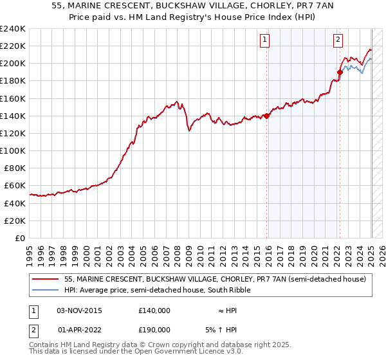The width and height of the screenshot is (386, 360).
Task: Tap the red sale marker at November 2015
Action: tap(266, 116)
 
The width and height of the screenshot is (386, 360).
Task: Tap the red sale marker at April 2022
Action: tap(340, 72)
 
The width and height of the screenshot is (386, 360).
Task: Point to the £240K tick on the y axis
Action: tap(13, 29)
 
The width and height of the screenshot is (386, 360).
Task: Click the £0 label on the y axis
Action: tap(19, 238)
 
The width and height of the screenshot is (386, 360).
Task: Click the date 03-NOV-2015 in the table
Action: tap(80, 310)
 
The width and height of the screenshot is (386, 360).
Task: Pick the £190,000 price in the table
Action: tap(154, 329)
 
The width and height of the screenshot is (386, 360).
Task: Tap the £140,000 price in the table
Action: tap(154, 310)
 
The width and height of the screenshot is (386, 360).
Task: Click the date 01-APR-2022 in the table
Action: tap(80, 329)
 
